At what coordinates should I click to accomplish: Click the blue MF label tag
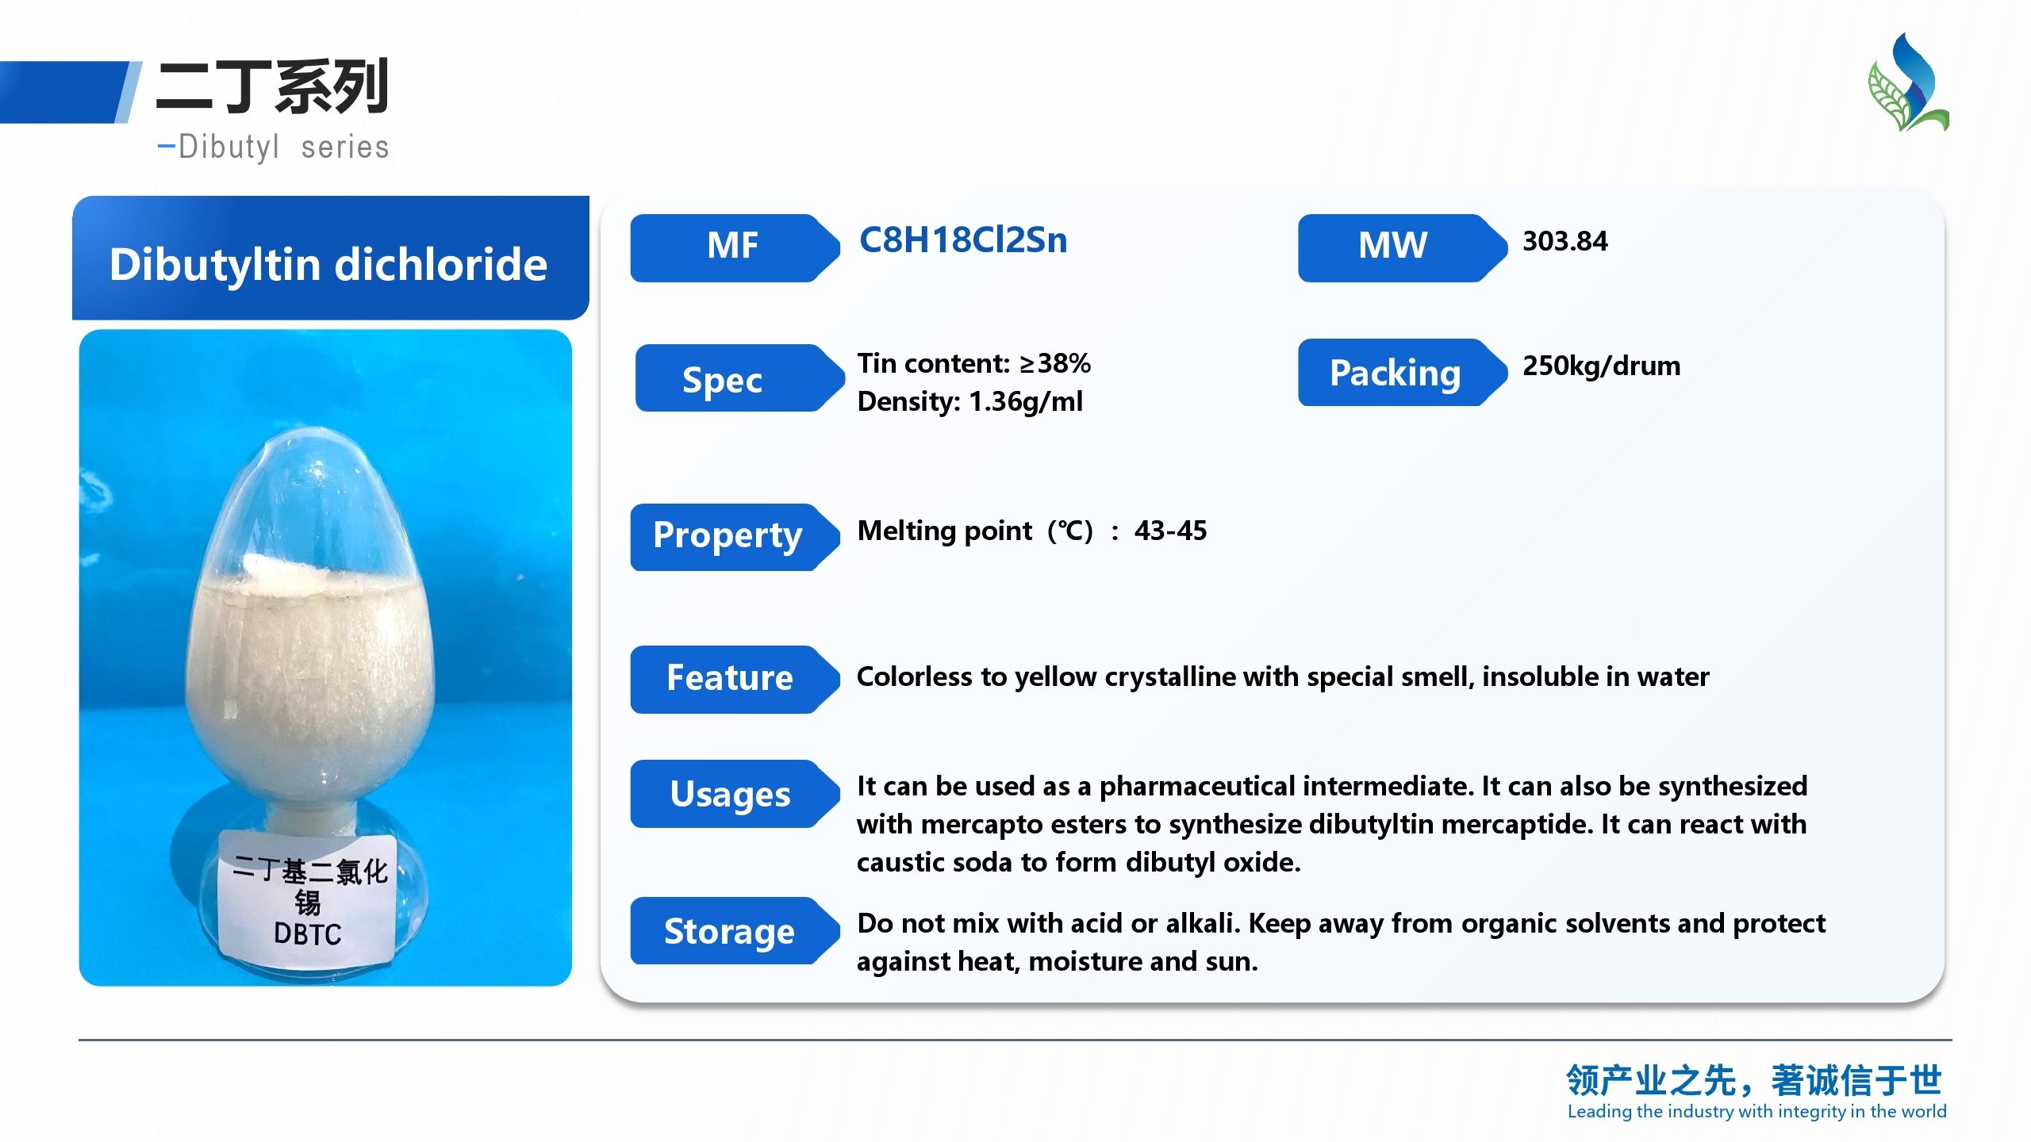[x=734, y=247]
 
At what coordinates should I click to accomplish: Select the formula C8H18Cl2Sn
[x=963, y=240]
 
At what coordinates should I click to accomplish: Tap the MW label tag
[x=1402, y=247]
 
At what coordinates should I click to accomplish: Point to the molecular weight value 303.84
[x=1565, y=241]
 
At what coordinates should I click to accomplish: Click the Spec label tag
[x=739, y=378]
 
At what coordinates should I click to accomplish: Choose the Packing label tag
[x=1402, y=373]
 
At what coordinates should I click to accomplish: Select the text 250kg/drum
[x=1601, y=366]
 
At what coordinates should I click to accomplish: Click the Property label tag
[x=734, y=537]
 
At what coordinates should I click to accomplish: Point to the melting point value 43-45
[x=1170, y=530]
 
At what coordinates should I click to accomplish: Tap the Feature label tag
[x=734, y=680]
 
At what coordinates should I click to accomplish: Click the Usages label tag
[x=734, y=794]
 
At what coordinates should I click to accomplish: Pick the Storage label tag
[x=734, y=931]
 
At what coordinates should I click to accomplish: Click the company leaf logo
[x=1908, y=82]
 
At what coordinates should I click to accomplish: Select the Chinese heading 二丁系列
[x=272, y=86]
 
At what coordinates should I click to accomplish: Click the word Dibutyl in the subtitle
[x=228, y=148]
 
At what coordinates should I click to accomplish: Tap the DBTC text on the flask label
[x=308, y=933]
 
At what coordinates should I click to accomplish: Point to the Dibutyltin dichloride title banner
[x=330, y=258]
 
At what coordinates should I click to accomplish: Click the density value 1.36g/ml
[x=1025, y=402]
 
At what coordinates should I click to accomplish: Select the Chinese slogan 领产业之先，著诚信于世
[x=1754, y=1080]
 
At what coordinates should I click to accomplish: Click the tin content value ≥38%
[x=1055, y=363]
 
